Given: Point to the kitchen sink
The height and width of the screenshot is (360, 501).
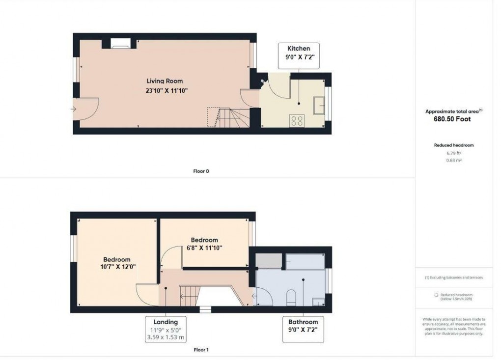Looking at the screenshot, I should (319, 105).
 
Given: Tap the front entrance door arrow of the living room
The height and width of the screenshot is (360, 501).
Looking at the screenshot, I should (74, 109).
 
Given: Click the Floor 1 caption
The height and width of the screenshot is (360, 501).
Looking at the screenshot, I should (201, 350).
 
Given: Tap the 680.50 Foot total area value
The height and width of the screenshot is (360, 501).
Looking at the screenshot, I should (454, 119).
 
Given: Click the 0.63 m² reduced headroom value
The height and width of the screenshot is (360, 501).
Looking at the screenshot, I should (454, 160).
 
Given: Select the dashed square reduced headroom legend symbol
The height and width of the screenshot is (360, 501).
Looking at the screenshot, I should (436, 295).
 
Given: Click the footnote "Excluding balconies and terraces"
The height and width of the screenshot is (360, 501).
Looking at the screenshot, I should (455, 277).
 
